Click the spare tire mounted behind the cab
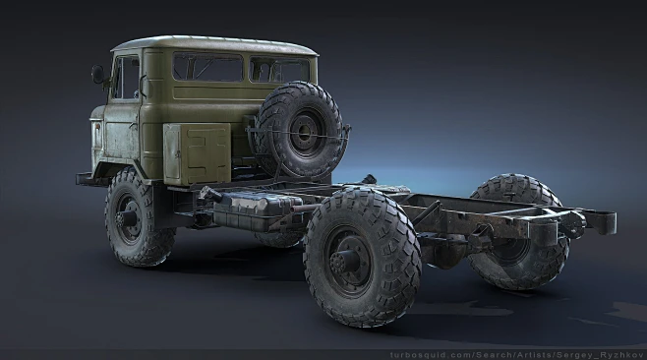pos(299,129)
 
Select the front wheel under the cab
pos(139,217)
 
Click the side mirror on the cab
pos(97,74)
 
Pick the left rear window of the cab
pos(207,68)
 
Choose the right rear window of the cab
pos(280,70)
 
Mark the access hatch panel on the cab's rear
pos(198,153)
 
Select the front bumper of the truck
pos(84,180)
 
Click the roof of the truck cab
pos(216,44)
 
